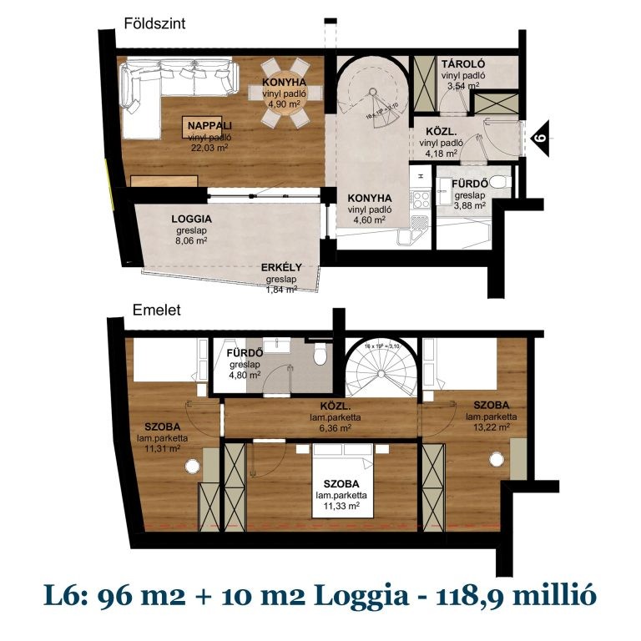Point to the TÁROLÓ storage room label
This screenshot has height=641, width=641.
pyautogui.click(x=463, y=64)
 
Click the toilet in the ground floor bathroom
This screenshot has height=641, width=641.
pyautogui.click(x=497, y=182)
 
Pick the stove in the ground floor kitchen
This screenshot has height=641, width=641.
pyautogui.click(x=421, y=199)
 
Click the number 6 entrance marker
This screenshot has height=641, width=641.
pyautogui.click(x=540, y=134)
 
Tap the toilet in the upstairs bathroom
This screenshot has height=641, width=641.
pyautogui.click(x=319, y=356)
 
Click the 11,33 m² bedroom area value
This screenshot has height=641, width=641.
pyautogui.click(x=338, y=506)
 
